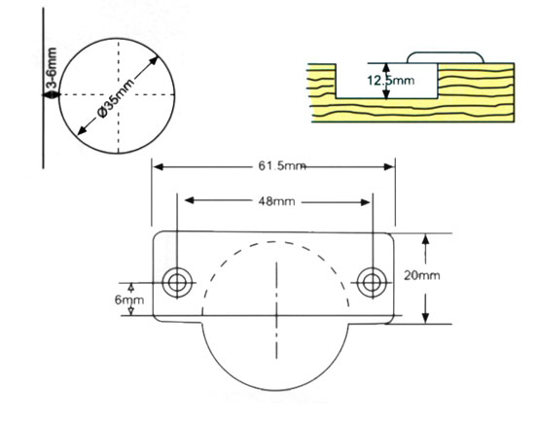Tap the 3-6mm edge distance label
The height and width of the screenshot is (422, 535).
52,69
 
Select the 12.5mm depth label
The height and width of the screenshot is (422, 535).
391,81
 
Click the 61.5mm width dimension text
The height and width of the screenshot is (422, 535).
282,166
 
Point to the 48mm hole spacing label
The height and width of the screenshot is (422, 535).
276,201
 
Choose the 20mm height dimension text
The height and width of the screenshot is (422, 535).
422,275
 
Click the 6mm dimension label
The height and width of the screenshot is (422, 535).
129,299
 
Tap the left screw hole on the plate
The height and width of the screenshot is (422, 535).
177,283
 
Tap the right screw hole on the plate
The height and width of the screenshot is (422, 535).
372,283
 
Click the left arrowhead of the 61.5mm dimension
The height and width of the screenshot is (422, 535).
158,167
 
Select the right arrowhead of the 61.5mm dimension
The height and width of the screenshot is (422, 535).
389,167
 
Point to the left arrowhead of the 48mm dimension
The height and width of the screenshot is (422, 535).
190,200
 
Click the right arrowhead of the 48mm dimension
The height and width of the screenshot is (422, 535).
365,202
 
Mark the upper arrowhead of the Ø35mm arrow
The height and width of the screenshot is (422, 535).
154,60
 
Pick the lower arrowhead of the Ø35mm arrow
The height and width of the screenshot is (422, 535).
82,130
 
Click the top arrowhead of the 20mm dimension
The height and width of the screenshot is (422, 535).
425,239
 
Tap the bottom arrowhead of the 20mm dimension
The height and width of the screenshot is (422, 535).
425,318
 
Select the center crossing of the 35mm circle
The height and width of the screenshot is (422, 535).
118,94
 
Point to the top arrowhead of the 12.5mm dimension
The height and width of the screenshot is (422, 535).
386,69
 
